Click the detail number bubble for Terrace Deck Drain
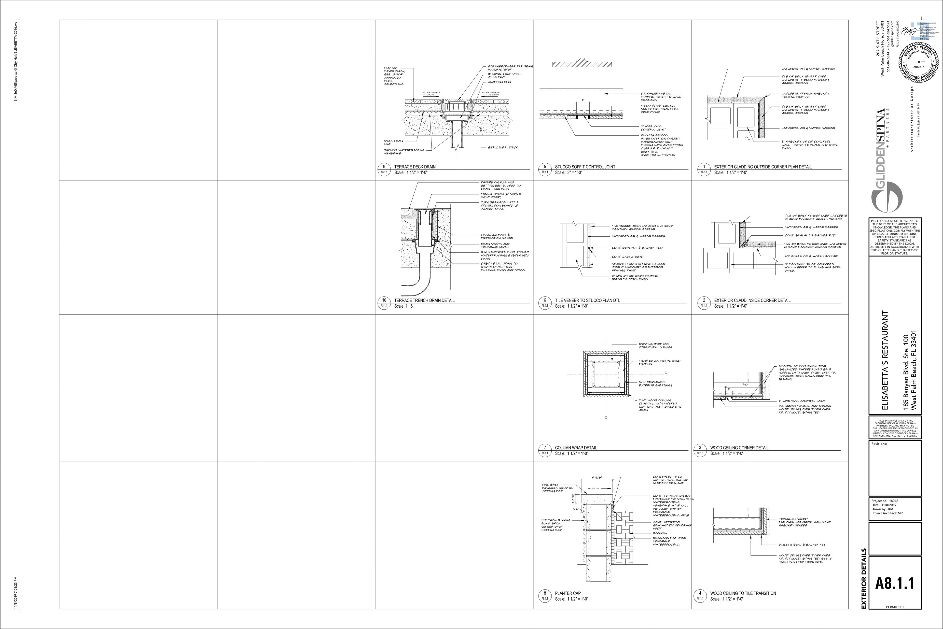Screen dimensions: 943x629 point(384,167)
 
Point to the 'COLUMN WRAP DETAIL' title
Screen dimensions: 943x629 point(575,448)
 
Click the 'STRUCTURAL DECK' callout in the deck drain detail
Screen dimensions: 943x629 point(503,147)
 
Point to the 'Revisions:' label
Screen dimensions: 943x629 point(879,444)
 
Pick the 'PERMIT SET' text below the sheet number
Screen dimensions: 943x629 point(895,618)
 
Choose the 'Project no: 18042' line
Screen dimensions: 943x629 point(885,501)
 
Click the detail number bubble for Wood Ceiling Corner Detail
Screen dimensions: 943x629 point(700,448)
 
